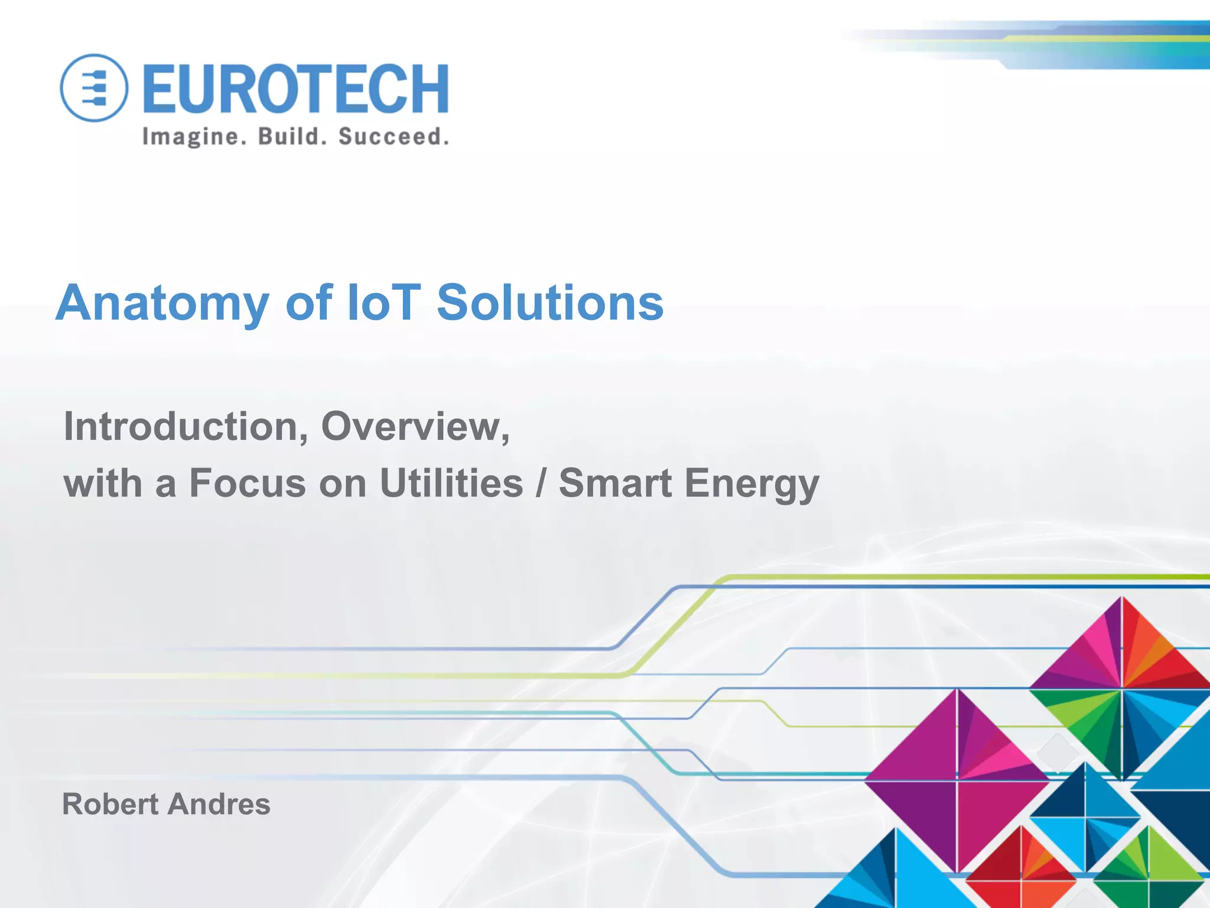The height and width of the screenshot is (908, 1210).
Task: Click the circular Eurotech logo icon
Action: (94, 88)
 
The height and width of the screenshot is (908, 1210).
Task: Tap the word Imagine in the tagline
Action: (191, 137)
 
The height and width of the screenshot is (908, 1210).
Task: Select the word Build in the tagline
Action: (292, 137)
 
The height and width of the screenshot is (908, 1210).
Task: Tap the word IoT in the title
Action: (384, 303)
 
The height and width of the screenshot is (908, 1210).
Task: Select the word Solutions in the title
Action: (550, 303)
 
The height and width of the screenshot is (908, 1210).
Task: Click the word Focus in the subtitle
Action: (248, 483)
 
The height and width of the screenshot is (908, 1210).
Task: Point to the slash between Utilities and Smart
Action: (541, 483)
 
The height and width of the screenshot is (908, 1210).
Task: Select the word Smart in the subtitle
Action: (615, 483)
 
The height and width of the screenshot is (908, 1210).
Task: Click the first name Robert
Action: (110, 804)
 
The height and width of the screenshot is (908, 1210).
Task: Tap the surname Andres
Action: (219, 804)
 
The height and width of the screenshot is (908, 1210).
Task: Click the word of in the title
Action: (309, 303)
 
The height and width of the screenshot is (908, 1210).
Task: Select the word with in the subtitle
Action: (103, 483)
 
